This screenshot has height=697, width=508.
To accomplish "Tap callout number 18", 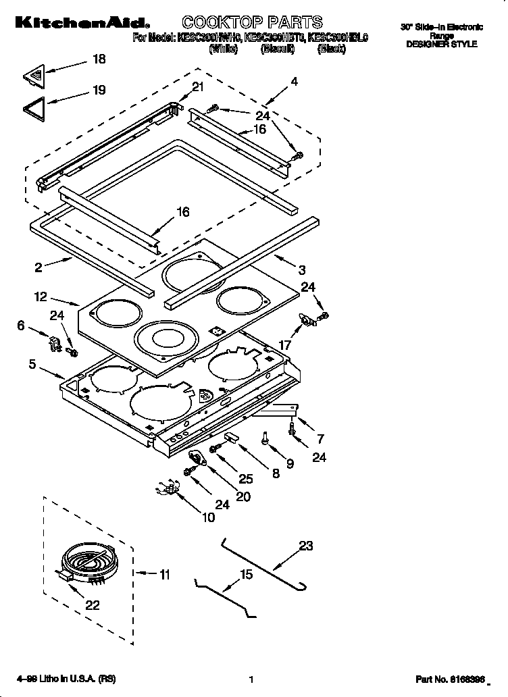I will coord(99,59).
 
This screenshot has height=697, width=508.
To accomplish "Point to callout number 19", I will coord(99,90).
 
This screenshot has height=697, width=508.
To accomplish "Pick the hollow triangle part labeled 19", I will coord(34,107).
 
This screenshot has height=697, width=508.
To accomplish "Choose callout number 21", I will coord(197,86).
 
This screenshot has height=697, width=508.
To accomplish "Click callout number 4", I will coord(294,82).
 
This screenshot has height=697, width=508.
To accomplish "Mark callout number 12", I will coord(41,296).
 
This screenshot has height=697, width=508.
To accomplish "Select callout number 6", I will coord(21,326).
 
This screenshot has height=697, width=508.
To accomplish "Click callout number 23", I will coord(306,546).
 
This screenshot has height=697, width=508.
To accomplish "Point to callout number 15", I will coord(246,575).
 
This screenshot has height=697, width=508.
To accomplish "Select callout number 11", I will coord(164,575).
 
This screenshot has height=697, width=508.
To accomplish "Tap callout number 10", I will coord(208,517).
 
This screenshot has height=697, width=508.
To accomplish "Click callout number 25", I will coord(245,478).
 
